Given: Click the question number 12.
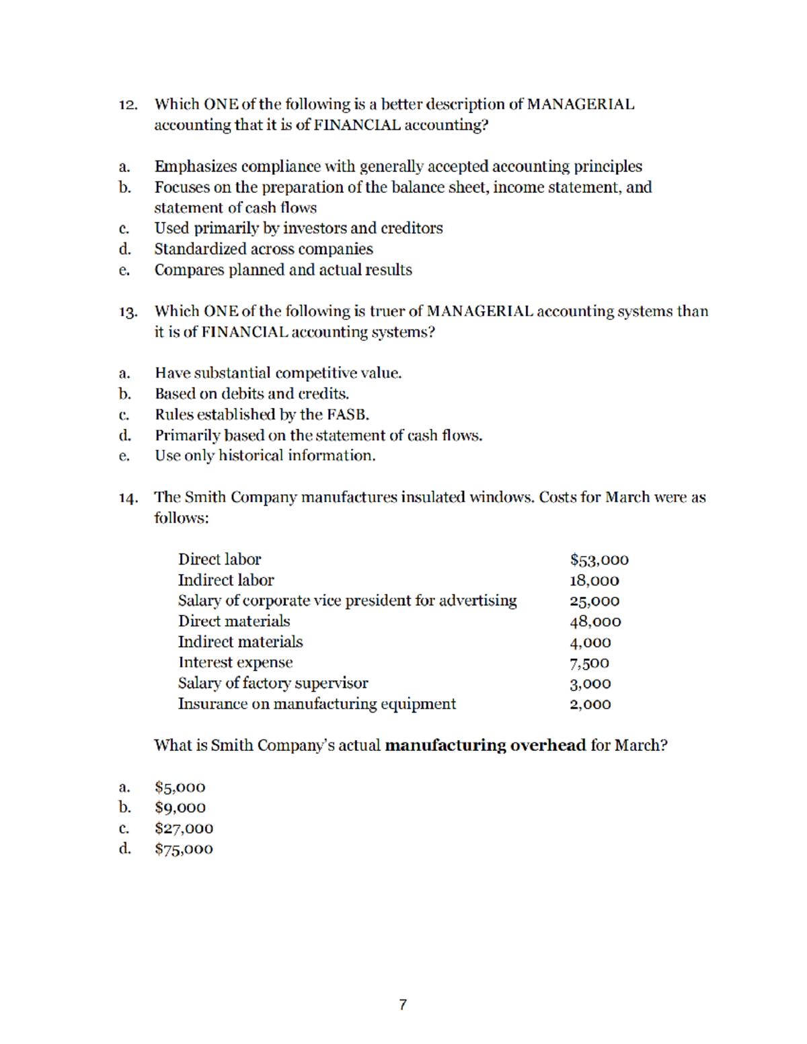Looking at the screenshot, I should pos(128,105).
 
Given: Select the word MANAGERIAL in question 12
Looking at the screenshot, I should pos(580,104).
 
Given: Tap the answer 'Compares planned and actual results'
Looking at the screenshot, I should pos(282,270).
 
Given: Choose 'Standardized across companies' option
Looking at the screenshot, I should pos(263,249).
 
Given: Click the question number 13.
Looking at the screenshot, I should pos(128,312).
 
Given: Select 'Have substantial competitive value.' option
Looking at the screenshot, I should pos(278,373).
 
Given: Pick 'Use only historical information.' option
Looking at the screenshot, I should pos(265,456).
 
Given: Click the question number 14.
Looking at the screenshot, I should pos(128,498).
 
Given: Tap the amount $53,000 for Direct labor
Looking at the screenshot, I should pos(599,559).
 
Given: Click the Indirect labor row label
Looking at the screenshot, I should pos(225,580).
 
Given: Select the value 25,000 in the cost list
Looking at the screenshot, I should pos(594,601).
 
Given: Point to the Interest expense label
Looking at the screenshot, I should pos(235,663).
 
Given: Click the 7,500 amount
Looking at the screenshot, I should pos(589,664).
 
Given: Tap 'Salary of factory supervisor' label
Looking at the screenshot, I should pos(272,684).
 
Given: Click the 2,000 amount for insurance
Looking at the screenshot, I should pos(590,705).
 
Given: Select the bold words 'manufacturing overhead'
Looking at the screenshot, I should pos(485,746).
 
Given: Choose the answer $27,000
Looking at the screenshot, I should pos(184,828).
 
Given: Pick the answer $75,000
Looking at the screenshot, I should pos(184,849).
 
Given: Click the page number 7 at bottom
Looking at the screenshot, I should pos(403,1004).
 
